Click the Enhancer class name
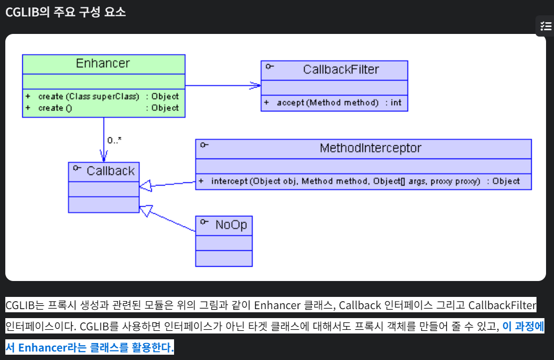103,64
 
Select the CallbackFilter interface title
341,69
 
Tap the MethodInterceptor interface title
370,148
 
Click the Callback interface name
110,171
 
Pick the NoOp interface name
231,225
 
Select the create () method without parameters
55,108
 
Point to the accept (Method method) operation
327,102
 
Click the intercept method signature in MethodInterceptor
345,181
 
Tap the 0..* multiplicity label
115,141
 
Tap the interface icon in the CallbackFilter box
270,66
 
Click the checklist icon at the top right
545,25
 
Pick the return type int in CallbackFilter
396,102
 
